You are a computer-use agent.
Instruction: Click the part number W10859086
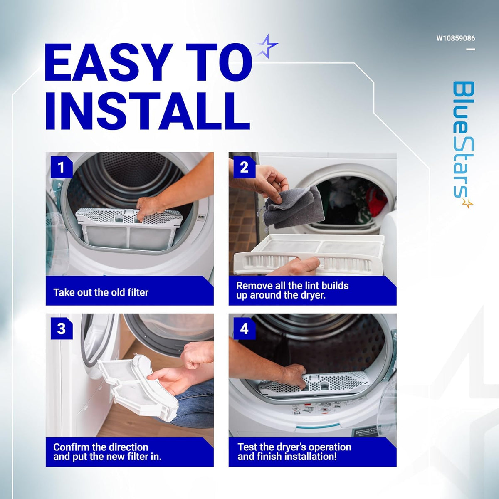(456, 38)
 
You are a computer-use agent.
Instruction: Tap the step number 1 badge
(62, 167)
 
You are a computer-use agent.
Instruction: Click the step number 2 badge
(244, 167)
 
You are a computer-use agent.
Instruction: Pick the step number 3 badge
(62, 329)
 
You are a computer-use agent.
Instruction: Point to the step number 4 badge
(244, 329)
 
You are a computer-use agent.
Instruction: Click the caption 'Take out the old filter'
(101, 292)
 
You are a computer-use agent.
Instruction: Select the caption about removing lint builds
(292, 290)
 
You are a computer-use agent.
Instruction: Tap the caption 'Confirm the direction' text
(101, 447)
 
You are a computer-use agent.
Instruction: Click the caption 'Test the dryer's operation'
(294, 447)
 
